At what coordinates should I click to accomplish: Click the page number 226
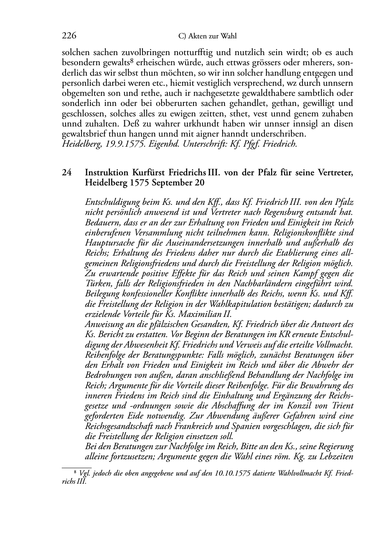pyautogui.click(x=69, y=36)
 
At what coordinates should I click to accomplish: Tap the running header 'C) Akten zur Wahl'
pyautogui.click(x=207, y=36)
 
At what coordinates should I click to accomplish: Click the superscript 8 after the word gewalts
pyautogui.click(x=132, y=61)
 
